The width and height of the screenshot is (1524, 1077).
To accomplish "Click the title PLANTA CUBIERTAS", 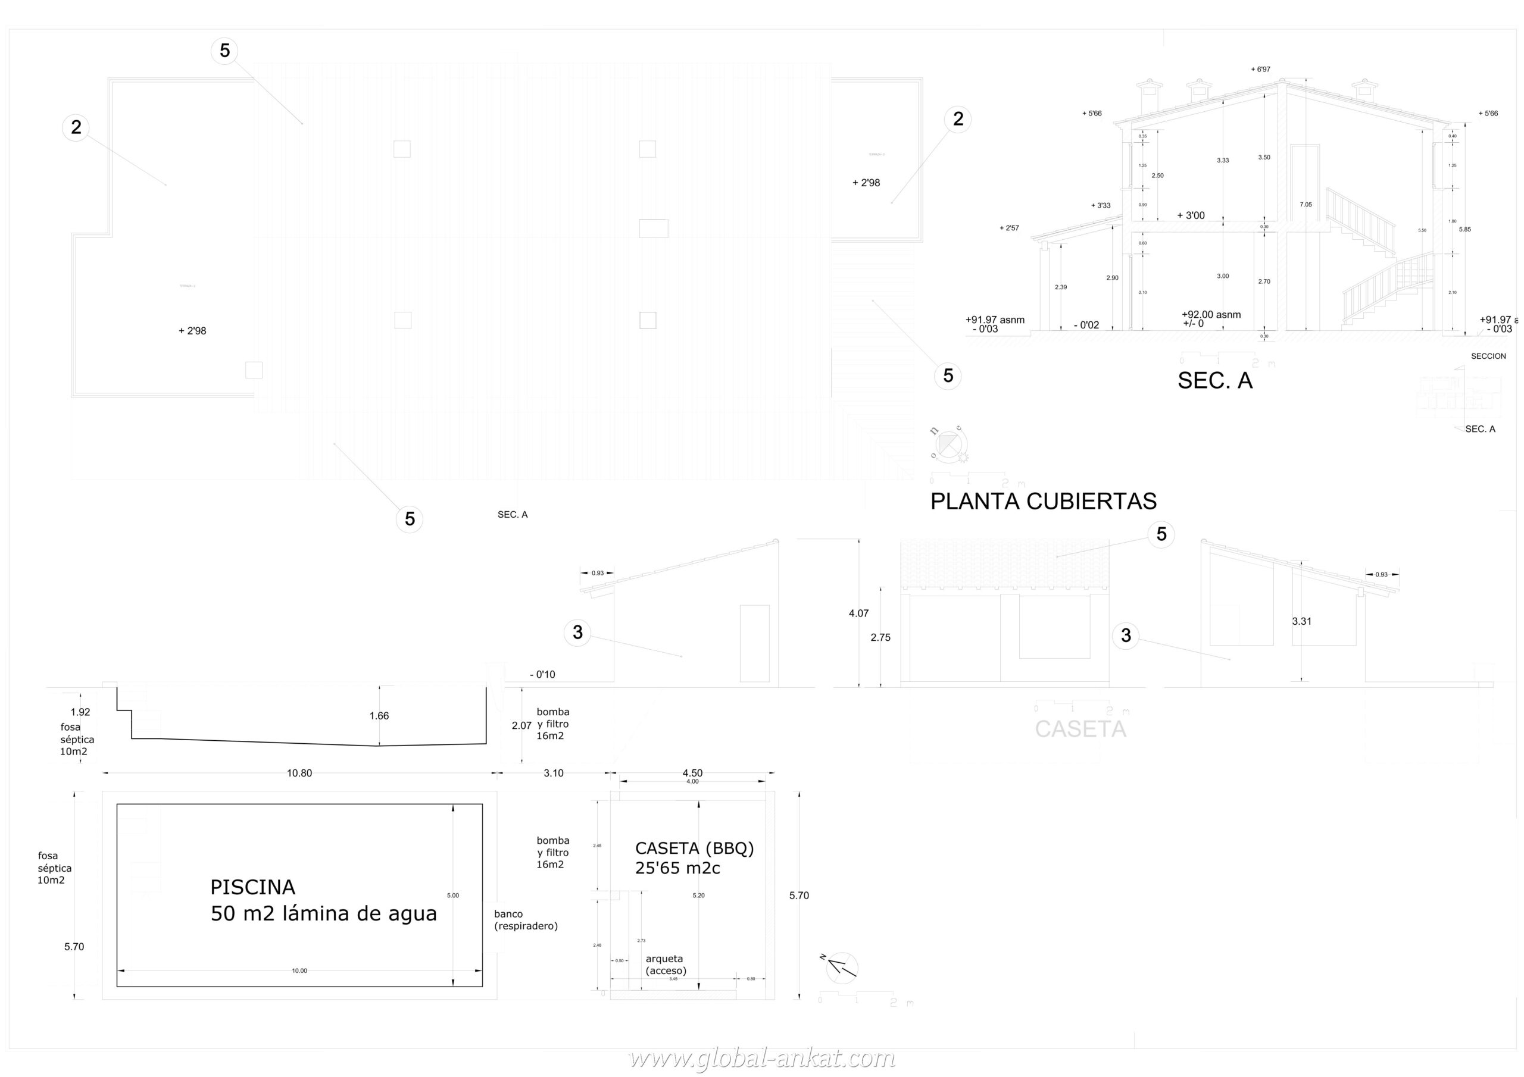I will [x=1043, y=501].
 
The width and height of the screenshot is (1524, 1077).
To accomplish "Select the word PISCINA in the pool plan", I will [x=252, y=887].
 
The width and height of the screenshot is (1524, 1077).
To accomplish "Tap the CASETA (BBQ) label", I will [x=694, y=848].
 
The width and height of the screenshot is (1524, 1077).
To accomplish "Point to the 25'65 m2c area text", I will [x=677, y=868].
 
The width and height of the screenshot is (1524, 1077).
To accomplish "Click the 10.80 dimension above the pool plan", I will [x=299, y=773].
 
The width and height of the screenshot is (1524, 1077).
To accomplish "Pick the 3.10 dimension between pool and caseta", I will [x=553, y=773].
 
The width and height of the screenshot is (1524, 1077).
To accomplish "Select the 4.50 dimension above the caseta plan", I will [x=692, y=772].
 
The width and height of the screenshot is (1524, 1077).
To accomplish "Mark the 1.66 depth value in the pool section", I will [x=379, y=715].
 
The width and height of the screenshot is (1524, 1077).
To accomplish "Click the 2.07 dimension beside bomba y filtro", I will [x=521, y=725].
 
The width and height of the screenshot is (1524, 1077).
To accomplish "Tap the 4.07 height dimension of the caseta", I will [x=858, y=613].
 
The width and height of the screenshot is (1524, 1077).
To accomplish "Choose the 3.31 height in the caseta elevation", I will [x=1301, y=621].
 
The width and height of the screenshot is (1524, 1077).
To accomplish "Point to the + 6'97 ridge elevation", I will [x=1260, y=69].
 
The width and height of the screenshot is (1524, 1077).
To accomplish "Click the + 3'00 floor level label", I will [x=1190, y=215].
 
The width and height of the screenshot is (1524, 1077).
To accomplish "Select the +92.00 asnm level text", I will [x=1211, y=315].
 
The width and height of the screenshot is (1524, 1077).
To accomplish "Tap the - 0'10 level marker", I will [x=542, y=674].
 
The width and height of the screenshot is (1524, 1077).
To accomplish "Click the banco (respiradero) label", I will [x=526, y=920].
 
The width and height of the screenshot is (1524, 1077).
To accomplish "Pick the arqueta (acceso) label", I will [x=666, y=964].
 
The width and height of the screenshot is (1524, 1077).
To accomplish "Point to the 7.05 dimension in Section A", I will [x=1306, y=204].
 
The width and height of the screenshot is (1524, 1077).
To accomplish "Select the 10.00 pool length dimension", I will [x=299, y=971].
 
